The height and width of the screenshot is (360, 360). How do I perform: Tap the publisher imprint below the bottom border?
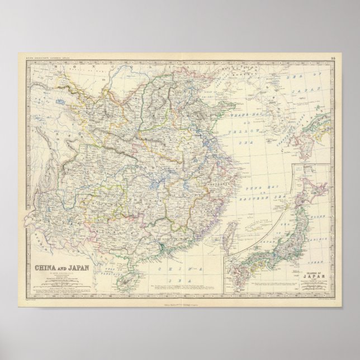177,297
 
